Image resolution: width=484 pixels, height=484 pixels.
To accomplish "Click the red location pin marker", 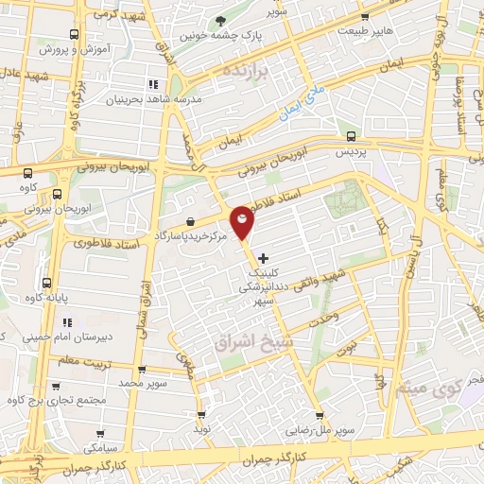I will click(243, 221).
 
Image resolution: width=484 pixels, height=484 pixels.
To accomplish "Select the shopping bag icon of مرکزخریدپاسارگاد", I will click(191, 220).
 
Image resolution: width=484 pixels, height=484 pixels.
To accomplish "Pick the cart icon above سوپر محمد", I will click(141, 369).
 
